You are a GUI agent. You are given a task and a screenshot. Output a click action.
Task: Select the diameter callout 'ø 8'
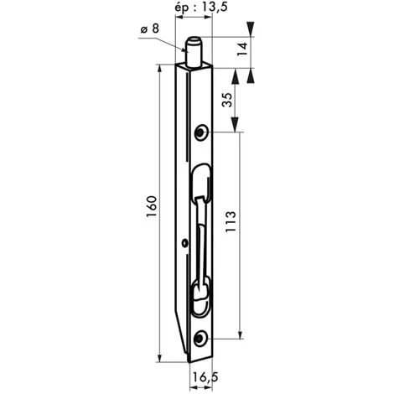[149, 31]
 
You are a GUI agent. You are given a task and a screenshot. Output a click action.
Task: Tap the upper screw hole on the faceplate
[202, 132]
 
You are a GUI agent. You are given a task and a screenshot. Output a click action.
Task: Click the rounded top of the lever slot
[202, 172]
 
